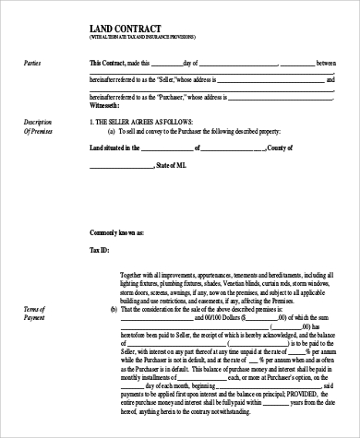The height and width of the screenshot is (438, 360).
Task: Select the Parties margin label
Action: (32, 62)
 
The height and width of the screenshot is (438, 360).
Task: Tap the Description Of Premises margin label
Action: (38, 126)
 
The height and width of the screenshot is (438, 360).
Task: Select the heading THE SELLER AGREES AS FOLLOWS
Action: (148, 122)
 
